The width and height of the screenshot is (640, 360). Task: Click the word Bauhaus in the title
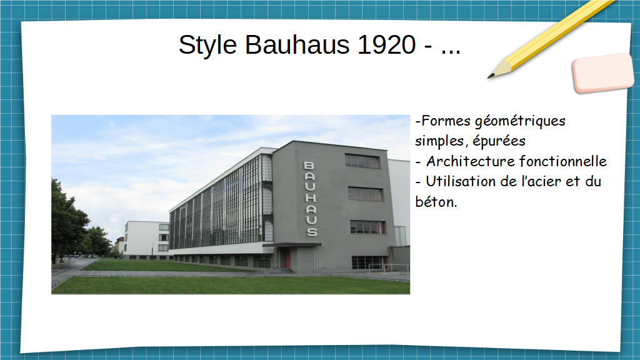click(297, 44)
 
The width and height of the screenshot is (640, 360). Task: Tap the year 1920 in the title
click(386, 44)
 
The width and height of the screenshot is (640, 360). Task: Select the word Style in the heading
click(207, 46)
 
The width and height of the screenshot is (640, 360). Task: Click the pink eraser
click(603, 72)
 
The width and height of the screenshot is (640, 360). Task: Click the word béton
click(436, 202)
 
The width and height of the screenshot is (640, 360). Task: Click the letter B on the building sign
click(309, 165)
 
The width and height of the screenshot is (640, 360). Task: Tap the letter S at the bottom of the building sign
click(312, 232)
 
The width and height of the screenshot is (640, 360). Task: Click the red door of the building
click(287, 258)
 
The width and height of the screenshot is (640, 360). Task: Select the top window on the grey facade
click(362, 161)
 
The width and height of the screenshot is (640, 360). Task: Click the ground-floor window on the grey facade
click(368, 263)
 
